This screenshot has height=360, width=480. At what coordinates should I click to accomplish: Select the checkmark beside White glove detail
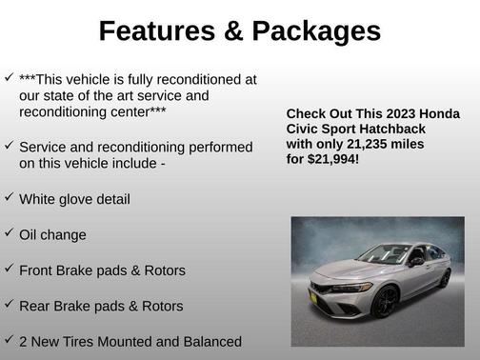(x=9, y=196)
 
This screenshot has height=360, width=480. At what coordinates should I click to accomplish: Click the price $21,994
(x=334, y=159)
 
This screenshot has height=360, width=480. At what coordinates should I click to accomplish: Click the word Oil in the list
(x=30, y=235)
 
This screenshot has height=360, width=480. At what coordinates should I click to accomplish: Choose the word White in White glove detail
(x=39, y=200)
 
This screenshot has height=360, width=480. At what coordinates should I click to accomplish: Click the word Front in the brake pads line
(x=39, y=271)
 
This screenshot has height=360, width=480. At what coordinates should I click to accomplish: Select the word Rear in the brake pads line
(x=37, y=307)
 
